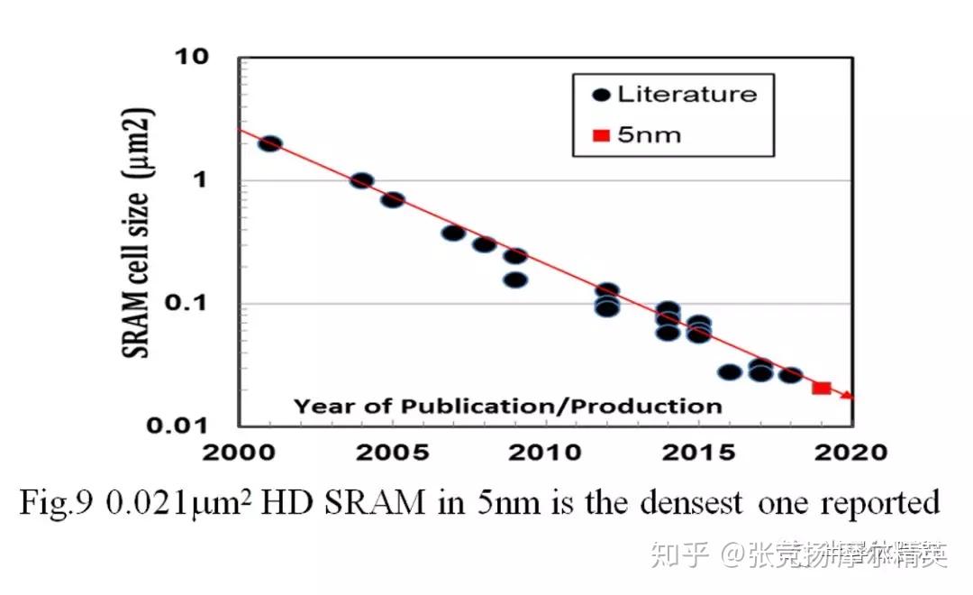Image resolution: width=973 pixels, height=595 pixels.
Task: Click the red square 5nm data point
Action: click(x=821, y=388)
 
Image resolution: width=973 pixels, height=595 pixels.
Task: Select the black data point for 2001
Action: click(x=269, y=143)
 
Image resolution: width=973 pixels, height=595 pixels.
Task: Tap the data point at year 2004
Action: click(x=361, y=180)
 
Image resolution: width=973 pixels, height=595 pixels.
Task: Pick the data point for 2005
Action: click(x=392, y=199)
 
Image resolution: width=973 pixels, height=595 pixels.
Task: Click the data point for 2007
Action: click(x=453, y=233)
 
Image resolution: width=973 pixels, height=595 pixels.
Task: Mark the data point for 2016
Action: click(x=729, y=371)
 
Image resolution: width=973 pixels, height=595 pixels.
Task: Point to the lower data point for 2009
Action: click(x=514, y=279)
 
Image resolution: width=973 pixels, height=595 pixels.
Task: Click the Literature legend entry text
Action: click(x=687, y=94)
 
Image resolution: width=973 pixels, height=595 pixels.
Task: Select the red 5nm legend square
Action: click(x=602, y=136)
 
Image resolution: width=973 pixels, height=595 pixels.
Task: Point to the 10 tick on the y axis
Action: click(x=193, y=58)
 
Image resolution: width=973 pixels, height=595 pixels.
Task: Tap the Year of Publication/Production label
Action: click(x=507, y=406)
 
